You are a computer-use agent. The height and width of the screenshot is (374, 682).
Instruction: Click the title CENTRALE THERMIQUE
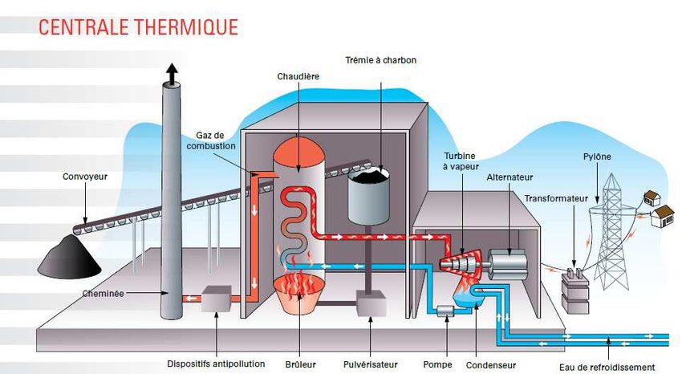[x=138, y=26]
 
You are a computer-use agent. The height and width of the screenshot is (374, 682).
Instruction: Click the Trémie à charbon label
[x=380, y=60]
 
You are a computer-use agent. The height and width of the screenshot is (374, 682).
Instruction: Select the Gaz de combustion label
[x=215, y=140]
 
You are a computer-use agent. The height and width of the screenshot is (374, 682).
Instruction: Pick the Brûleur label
[x=297, y=364]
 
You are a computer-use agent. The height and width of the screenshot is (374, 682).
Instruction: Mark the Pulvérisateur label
[x=370, y=364]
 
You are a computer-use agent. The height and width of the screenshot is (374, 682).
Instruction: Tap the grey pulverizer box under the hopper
[x=371, y=303]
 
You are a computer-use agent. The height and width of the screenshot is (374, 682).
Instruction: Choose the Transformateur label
[x=557, y=198]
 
